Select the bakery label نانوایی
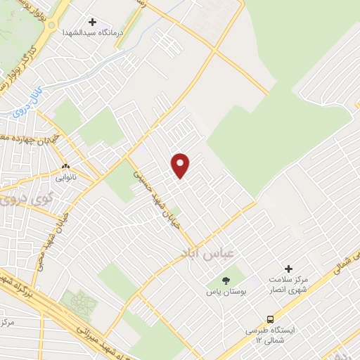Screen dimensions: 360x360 pos(67,177)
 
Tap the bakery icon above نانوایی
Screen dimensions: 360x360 pos(67,166)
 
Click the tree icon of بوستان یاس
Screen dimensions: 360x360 pos(226,280)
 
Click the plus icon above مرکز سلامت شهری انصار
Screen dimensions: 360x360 pos(288,269)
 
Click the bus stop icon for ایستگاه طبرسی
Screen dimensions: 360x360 pos(271,319)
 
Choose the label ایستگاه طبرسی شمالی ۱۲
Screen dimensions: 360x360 pos(271,334)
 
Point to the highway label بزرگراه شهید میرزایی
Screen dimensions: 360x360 pos(63,309)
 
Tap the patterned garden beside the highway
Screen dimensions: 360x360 pos(79,303)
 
